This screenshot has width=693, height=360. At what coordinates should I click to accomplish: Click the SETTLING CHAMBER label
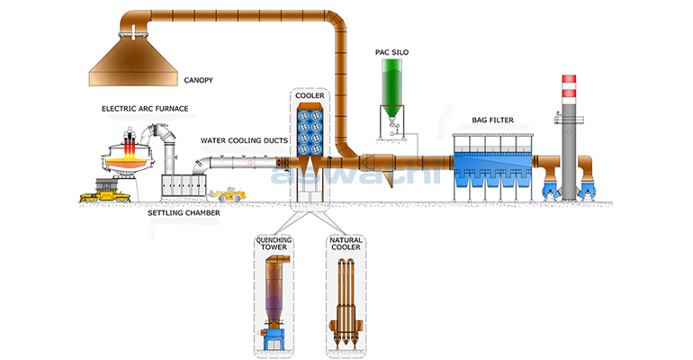[x=184, y=212]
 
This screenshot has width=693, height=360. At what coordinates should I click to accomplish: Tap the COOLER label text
[x=310, y=95]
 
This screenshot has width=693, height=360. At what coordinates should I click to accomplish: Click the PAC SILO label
[x=392, y=53]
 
